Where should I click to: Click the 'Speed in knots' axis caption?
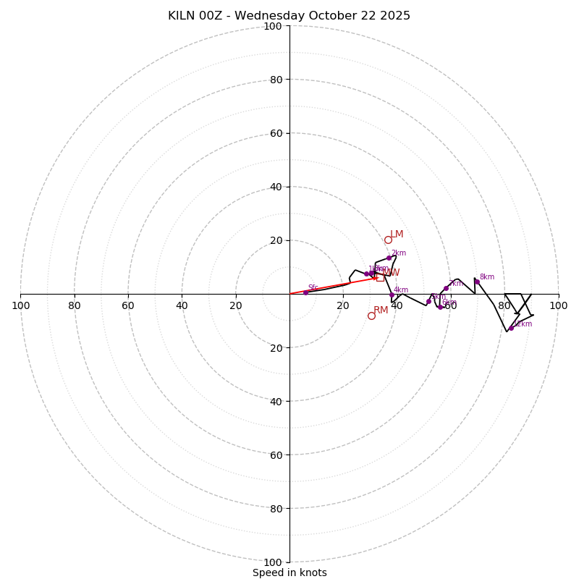[x=289, y=572]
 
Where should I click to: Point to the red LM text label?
[x=397, y=234]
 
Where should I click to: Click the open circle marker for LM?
[x=388, y=240]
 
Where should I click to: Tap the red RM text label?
[x=381, y=310]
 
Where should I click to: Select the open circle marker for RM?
[x=371, y=316]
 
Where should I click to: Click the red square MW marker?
[x=380, y=277]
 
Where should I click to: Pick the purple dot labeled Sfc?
[x=305, y=292]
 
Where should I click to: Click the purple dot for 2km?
[x=389, y=258]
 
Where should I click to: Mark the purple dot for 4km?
[x=392, y=295]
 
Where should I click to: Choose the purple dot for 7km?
[x=446, y=288]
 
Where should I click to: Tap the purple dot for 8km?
[x=476, y=282]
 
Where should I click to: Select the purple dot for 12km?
[x=511, y=328]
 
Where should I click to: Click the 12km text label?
[x=523, y=324]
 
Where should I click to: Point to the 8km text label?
[x=487, y=277]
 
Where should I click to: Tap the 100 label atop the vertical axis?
[x=273, y=26]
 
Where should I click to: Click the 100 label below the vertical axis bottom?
[x=273, y=562]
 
